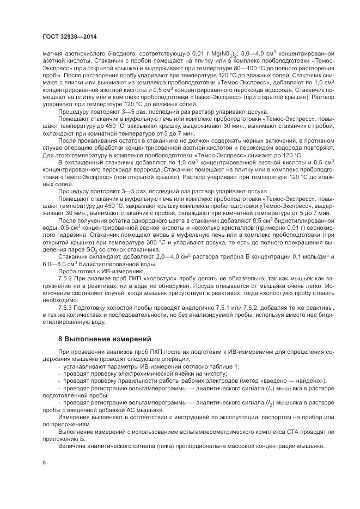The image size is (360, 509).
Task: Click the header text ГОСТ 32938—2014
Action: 66,36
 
